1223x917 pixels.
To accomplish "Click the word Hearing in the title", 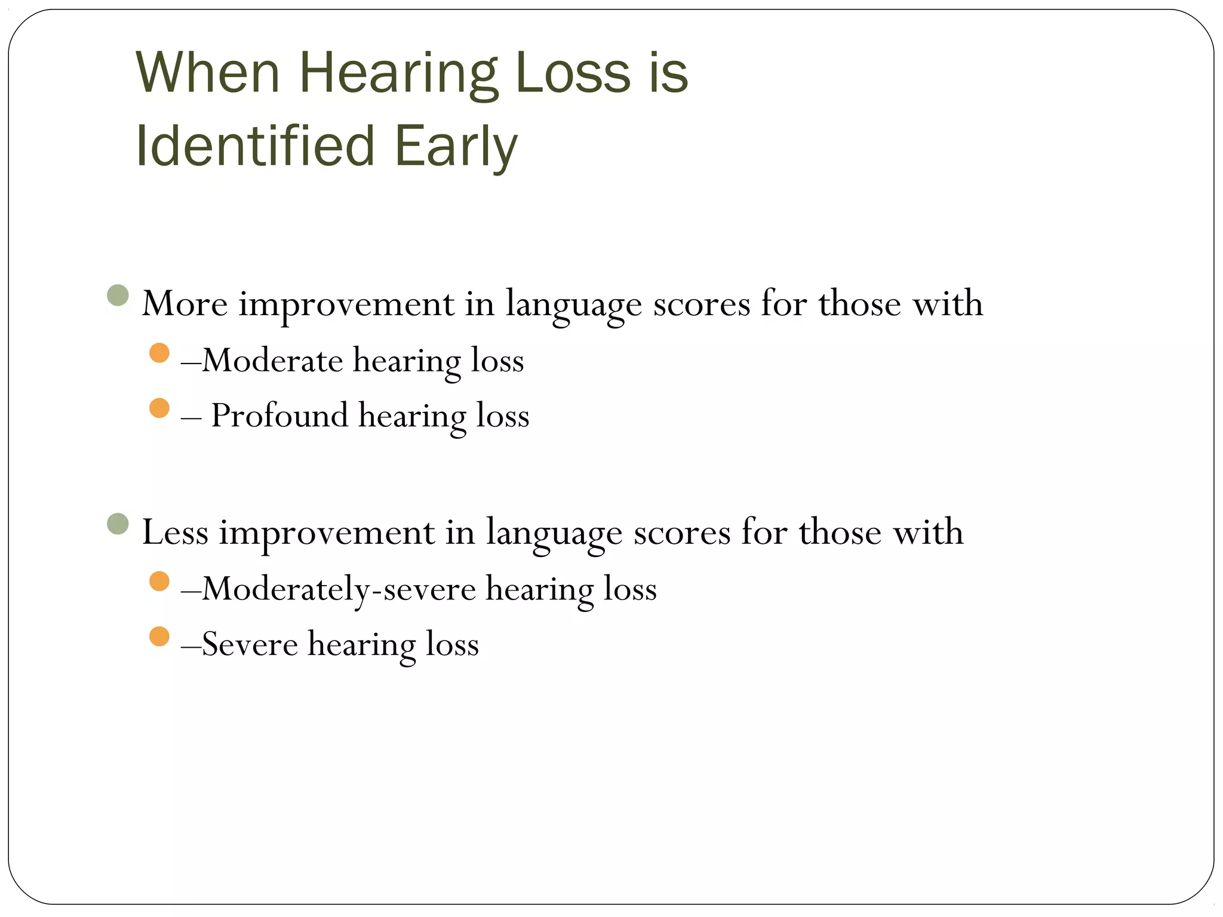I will coord(398,75).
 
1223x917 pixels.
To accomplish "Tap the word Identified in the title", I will coord(255,146).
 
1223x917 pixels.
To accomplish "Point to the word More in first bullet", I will coord(185,304).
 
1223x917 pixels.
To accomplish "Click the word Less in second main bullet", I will coord(175,533).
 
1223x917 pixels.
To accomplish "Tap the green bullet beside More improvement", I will coord(118,295).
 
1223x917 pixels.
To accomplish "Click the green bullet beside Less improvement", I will coord(118,524).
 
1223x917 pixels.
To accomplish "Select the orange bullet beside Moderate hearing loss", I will coord(159,353).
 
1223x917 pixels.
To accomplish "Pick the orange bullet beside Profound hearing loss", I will coord(159,408).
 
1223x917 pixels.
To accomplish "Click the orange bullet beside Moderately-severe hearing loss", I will coord(159,581).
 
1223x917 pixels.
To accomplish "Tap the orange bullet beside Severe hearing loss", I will coord(159,636).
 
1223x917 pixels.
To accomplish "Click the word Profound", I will coord(279,416).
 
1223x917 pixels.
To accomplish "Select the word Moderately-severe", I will coord(339,589).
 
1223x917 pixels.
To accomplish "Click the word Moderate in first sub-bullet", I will coord(272,361).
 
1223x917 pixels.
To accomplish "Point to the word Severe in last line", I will coord(250,644).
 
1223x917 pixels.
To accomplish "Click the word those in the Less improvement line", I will coord(840,533).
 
